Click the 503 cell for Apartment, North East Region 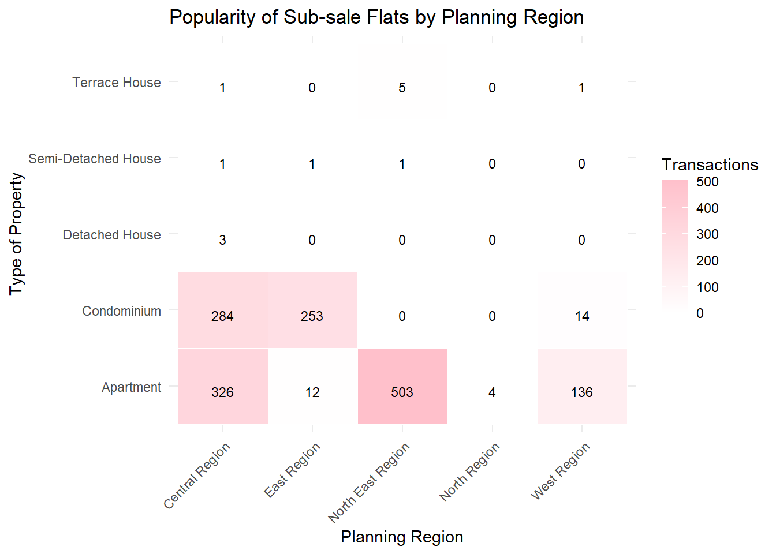point(402,392)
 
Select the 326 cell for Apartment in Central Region point(222,392)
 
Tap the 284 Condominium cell point(222,316)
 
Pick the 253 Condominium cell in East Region point(312,316)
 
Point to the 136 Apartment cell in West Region point(581,392)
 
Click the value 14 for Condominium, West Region point(581,316)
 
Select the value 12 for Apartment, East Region point(312,392)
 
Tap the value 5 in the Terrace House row point(402,88)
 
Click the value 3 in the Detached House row point(222,240)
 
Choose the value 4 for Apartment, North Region point(492,392)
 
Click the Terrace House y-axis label point(117,83)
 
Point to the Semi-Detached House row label point(95,159)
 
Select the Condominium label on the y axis point(121,311)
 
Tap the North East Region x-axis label point(370,481)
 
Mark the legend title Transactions point(710,164)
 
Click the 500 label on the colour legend point(707,182)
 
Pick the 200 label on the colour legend point(707,261)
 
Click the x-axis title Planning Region point(402,537)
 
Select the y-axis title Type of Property point(16,234)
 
